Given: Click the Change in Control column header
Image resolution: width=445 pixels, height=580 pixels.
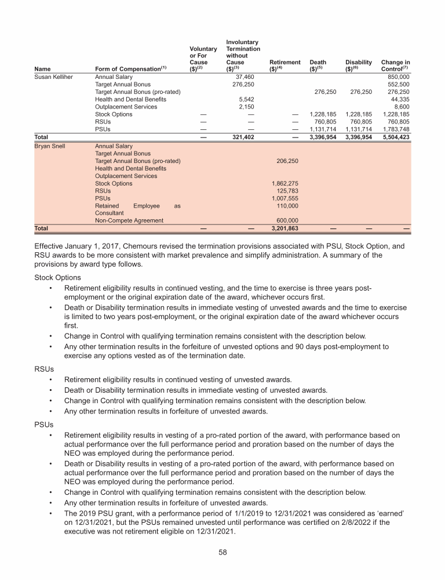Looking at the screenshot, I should (395, 66).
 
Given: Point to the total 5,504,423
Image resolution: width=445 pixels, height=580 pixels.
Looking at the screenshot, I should (395, 137).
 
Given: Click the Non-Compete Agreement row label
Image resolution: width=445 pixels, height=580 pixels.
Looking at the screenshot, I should (129, 220).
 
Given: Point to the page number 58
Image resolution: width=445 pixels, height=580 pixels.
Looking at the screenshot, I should (222, 553).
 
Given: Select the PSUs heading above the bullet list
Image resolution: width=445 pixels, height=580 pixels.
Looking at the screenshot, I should (44, 424).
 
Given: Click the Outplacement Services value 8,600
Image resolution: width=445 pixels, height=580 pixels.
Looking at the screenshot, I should (401, 107).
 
